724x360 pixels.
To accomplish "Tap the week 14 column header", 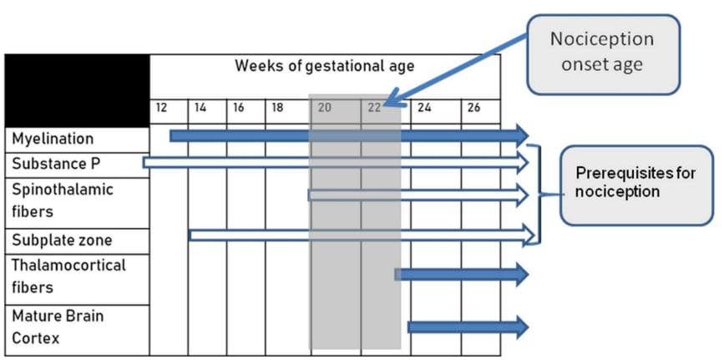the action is point(201,108).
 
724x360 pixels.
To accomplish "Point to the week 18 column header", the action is point(278,108).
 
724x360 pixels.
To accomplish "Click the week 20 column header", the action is point(325,108).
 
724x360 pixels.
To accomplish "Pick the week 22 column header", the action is point(373,108).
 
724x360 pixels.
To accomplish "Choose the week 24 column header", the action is point(424,108).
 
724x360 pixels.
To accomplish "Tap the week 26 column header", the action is point(473,108).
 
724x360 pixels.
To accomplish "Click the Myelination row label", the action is point(53,139).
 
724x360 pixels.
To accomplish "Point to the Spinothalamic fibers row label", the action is point(63,200).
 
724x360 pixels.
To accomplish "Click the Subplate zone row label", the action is point(62,241).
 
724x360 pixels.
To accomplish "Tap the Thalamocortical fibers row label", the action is point(68,276).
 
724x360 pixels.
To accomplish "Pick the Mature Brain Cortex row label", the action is point(58,327).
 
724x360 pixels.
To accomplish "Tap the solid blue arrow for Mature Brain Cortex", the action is point(468,327).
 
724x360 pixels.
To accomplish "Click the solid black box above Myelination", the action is point(77,90).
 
